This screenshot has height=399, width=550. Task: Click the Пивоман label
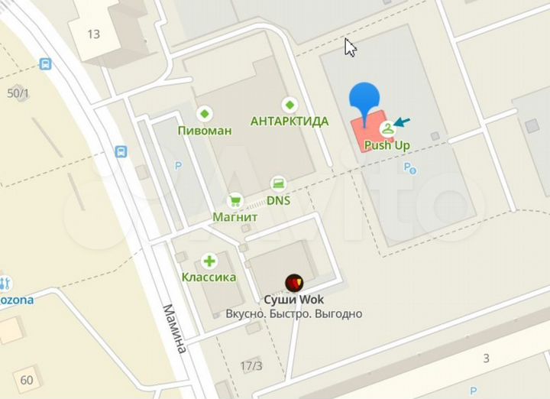(204, 131)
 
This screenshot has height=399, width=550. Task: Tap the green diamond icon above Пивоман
(204, 114)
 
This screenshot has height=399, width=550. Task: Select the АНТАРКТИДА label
(290, 121)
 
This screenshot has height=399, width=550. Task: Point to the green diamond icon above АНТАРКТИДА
(290, 105)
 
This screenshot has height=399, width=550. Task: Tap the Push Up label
(387, 144)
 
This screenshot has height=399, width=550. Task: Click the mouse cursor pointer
(350, 47)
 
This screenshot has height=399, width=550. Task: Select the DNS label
(278, 201)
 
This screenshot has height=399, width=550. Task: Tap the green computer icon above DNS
(278, 183)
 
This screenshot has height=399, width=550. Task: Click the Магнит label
(235, 217)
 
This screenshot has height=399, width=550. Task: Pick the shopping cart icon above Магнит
(235, 200)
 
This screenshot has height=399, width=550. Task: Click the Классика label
(209, 277)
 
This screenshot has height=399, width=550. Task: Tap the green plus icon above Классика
(209, 261)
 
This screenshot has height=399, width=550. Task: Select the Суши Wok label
(294, 300)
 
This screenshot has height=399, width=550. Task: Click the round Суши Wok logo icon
(294, 283)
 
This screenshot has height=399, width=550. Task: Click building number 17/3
(250, 366)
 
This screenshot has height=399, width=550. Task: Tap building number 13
(94, 34)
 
